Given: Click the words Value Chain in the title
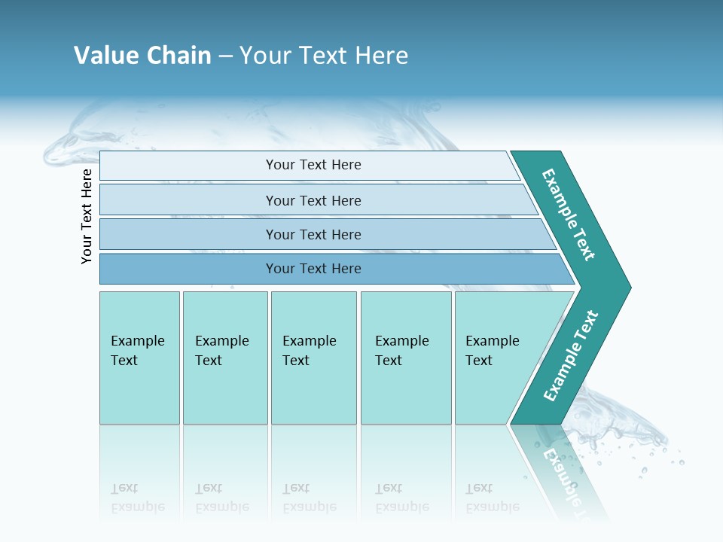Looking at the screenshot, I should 142,56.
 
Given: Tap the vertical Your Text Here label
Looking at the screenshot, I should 87,217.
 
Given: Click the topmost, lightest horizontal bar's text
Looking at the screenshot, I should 313,165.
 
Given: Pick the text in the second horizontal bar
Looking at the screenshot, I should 313,201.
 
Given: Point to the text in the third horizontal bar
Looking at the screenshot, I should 313,235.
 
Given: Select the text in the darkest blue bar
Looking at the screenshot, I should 313,269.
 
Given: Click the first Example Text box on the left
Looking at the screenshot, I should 138,351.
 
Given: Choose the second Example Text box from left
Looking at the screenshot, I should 222,351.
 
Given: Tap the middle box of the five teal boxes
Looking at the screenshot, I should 310,351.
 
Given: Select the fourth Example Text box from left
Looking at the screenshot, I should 402,351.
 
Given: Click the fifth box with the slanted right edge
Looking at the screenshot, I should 493,351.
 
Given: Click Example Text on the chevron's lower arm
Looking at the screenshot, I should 571,355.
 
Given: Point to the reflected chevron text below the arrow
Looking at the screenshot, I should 561,470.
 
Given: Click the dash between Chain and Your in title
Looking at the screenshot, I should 225,56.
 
